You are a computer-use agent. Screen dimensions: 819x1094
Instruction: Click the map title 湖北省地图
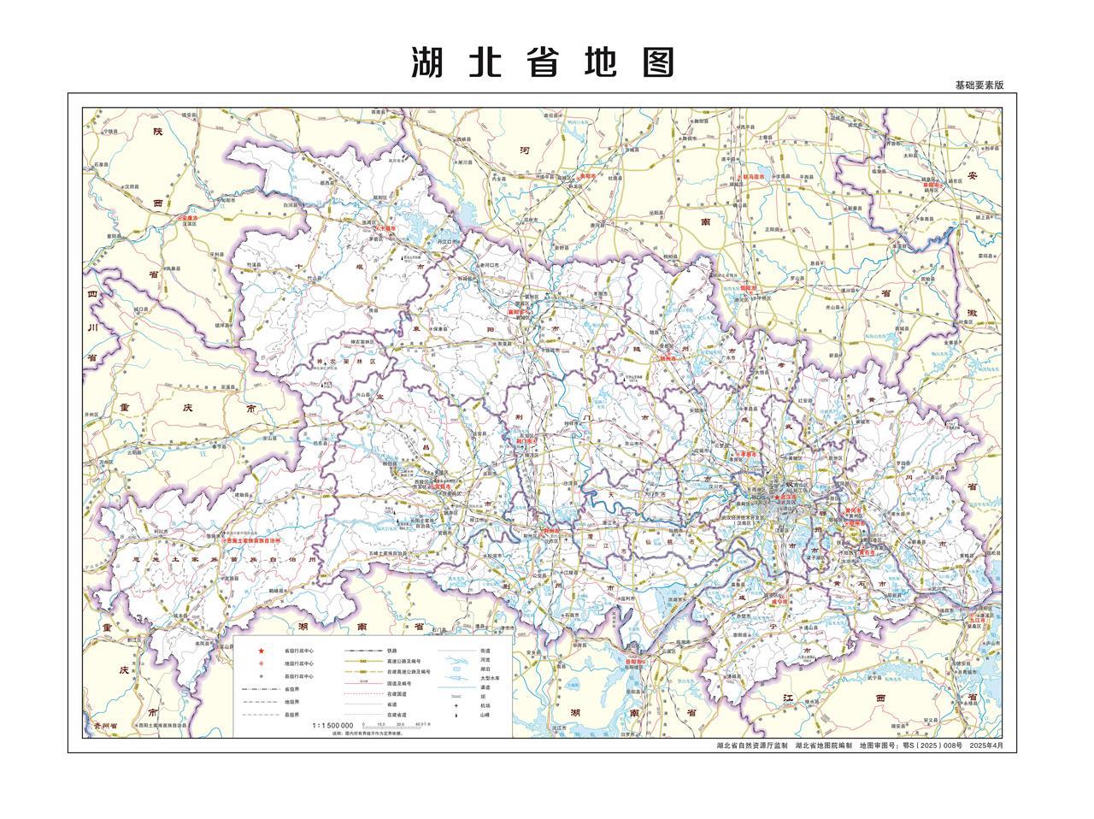543,62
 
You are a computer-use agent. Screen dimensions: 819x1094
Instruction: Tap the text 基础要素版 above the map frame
979,85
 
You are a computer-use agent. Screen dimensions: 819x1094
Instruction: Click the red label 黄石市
867,552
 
